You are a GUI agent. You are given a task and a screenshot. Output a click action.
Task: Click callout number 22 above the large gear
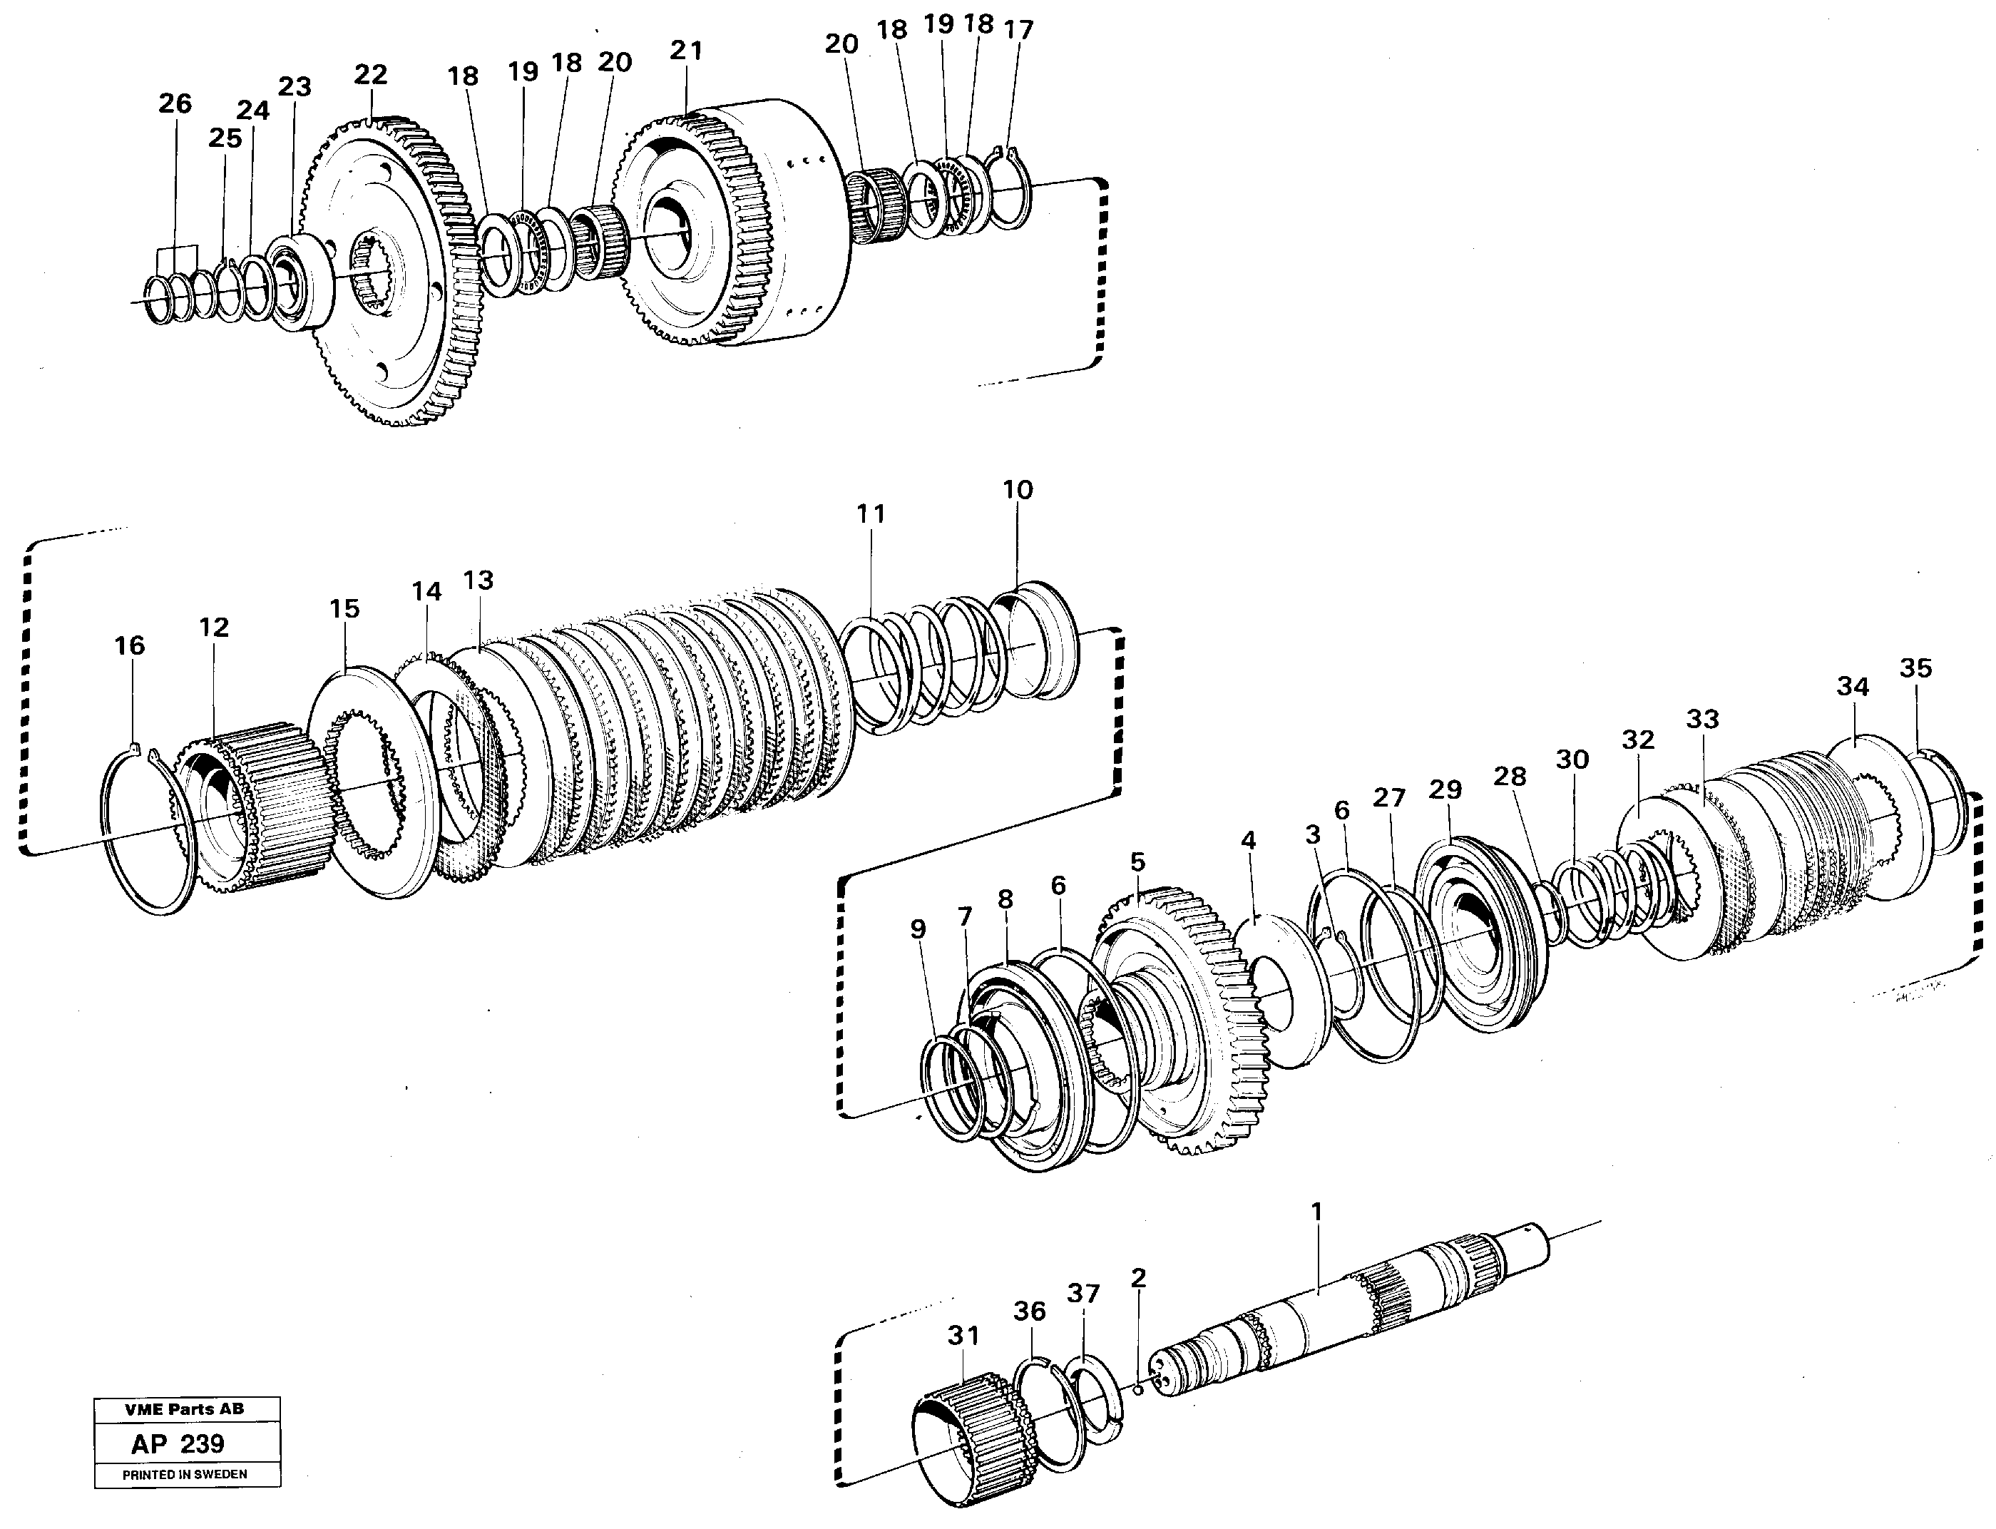pyautogui.click(x=370, y=73)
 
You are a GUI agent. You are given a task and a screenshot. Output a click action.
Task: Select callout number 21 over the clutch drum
pyautogui.click(x=686, y=50)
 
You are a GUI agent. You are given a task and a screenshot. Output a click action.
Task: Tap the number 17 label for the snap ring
pyautogui.click(x=1018, y=30)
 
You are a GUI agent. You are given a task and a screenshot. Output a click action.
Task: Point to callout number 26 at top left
pyautogui.click(x=175, y=103)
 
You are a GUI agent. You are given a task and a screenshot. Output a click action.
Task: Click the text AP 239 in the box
pyautogui.click(x=178, y=1443)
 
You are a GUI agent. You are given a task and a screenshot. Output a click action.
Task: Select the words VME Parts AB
pyautogui.click(x=184, y=1409)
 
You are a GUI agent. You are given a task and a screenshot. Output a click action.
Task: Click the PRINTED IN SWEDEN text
pyautogui.click(x=185, y=1474)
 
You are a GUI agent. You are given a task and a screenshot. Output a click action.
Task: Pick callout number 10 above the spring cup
pyautogui.click(x=1018, y=490)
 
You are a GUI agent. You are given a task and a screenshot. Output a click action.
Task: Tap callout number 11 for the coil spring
pyautogui.click(x=870, y=513)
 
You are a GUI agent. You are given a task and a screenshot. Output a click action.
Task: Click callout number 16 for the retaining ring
pyautogui.click(x=129, y=645)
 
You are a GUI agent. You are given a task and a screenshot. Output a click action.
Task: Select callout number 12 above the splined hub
pyautogui.click(x=214, y=626)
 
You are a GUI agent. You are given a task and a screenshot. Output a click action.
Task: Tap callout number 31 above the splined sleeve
pyautogui.click(x=963, y=1335)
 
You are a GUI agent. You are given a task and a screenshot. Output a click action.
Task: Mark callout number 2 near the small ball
pyautogui.click(x=1137, y=1278)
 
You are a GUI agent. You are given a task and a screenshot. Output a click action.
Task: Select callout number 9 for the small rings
pyautogui.click(x=918, y=929)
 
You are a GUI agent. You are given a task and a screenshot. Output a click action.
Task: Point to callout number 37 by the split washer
pyautogui.click(x=1083, y=1293)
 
